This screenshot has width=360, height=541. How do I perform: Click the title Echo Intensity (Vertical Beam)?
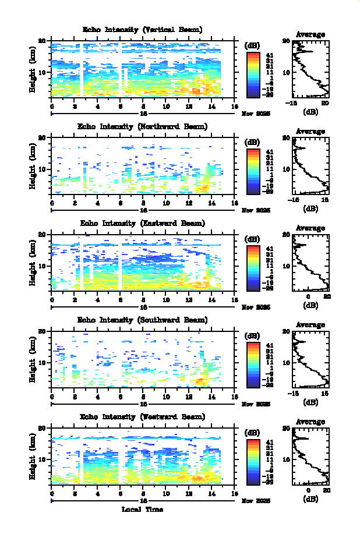click(x=143, y=30)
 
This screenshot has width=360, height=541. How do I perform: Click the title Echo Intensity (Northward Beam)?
click(x=143, y=126)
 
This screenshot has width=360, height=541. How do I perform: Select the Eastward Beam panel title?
click(x=143, y=223)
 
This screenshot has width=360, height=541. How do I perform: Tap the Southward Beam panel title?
click(x=143, y=320)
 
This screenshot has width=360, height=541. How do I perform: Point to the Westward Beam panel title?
click(x=143, y=417)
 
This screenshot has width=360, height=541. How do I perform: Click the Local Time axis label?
click(x=143, y=510)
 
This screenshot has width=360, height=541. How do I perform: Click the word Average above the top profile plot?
click(x=310, y=34)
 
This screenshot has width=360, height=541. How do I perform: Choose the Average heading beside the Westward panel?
click(x=310, y=422)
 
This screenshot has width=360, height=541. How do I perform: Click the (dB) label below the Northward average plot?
click(x=310, y=208)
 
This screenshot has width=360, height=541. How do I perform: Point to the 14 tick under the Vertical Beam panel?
click(x=211, y=107)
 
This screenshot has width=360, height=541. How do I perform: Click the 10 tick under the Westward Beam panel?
click(x=166, y=494)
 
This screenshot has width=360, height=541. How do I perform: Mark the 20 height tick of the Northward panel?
click(x=41, y=138)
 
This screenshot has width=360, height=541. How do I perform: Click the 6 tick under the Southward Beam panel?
click(x=121, y=397)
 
